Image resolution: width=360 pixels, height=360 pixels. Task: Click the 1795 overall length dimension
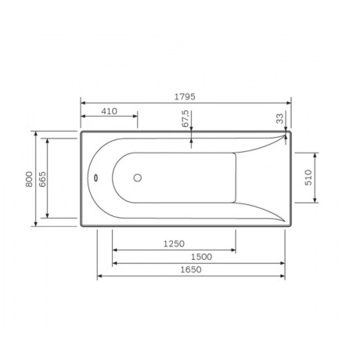coord(185,97)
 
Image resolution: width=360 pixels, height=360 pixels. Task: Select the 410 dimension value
coord(109,111)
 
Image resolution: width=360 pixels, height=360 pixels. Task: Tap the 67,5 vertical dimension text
coord(185,118)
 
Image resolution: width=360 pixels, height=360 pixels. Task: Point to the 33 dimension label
coord(279,118)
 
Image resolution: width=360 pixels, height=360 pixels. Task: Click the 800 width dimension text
coord(29,179)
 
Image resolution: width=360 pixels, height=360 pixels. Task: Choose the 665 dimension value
coord(42,179)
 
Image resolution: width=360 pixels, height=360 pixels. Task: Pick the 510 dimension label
coord(308,178)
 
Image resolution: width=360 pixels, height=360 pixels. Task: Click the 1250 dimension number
coord(174,244)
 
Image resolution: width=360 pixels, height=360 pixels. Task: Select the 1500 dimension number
coord(201,257)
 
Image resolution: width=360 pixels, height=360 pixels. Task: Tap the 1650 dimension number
coord(191,269)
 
